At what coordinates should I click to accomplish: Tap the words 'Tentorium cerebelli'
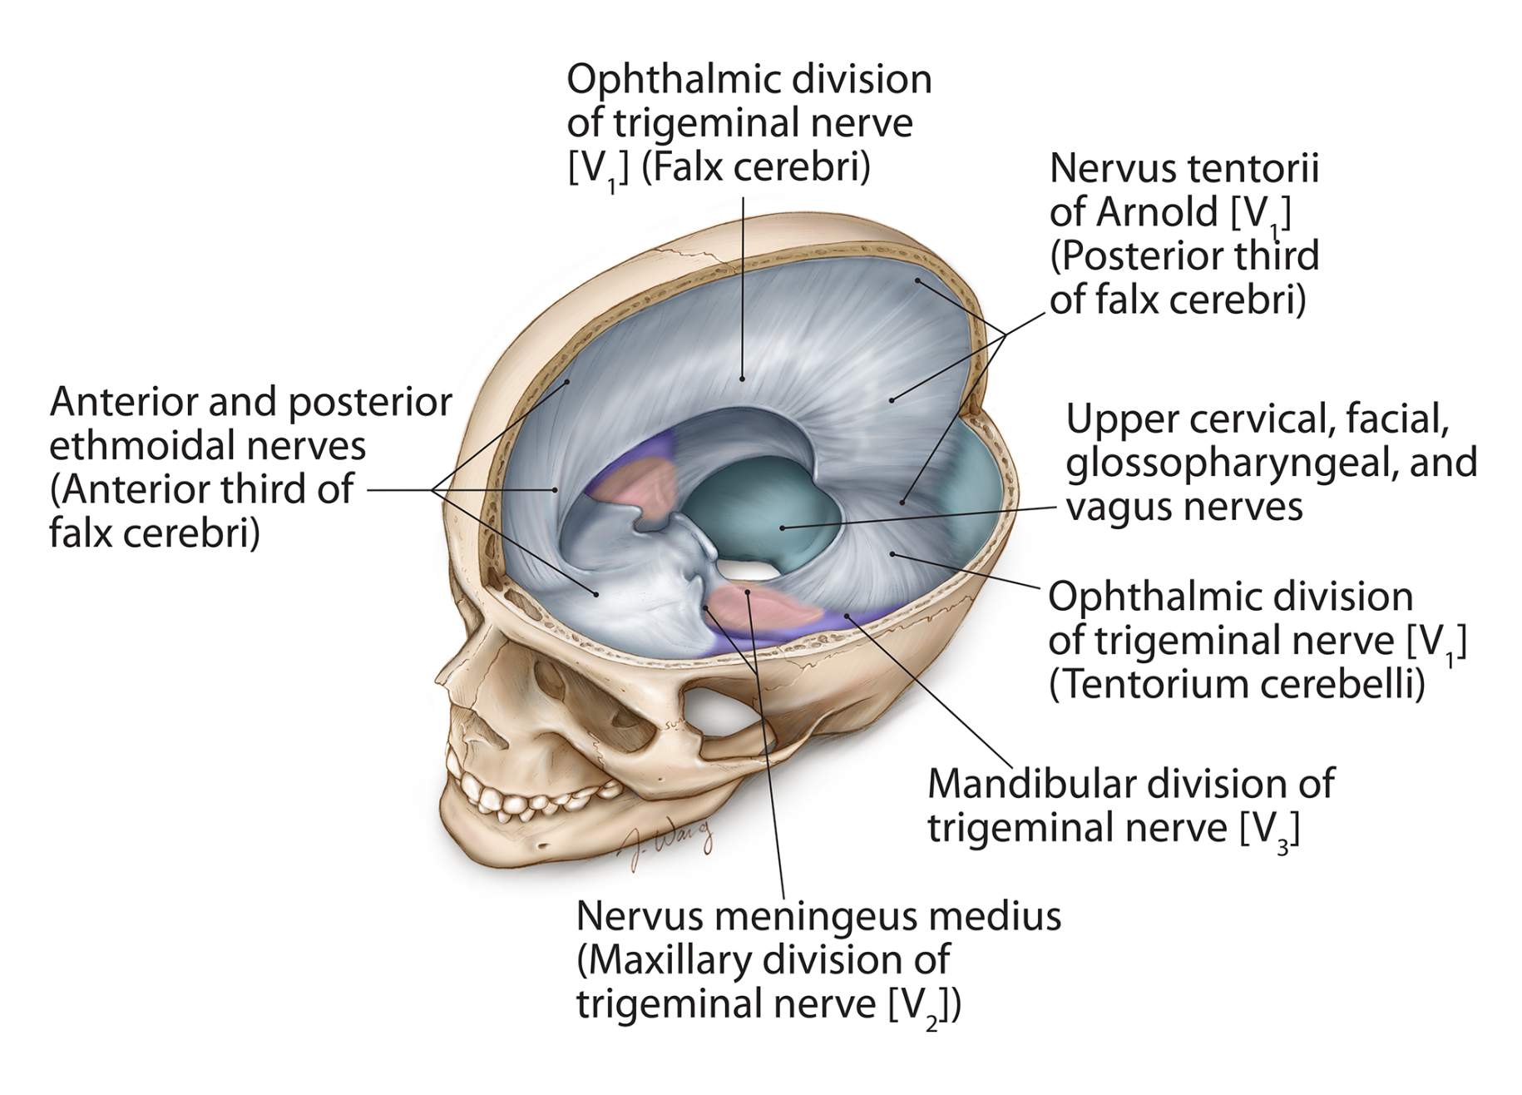click(x=1237, y=684)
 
